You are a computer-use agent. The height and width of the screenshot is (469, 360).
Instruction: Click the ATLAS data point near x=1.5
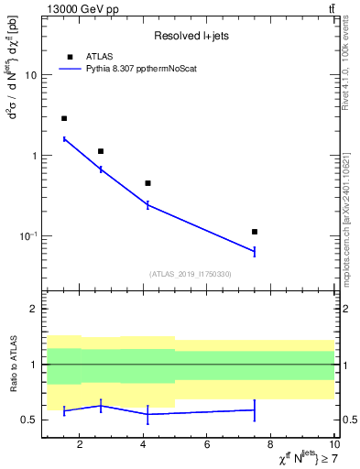click(64, 118)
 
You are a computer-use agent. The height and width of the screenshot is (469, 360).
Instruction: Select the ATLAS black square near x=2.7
click(101, 151)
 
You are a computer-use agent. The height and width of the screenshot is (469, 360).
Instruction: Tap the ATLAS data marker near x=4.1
click(147, 183)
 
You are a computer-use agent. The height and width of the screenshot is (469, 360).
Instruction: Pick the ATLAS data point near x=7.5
click(255, 232)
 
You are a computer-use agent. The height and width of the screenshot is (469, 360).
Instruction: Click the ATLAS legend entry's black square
click(70, 57)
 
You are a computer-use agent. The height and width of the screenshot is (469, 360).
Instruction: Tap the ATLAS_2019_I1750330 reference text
click(191, 274)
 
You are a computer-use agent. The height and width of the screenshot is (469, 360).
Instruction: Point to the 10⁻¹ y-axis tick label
click(28, 235)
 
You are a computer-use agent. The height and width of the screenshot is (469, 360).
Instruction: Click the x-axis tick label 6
click(207, 445)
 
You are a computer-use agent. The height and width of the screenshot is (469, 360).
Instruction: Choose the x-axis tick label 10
click(333, 445)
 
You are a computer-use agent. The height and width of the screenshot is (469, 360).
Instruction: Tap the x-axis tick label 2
click(81, 445)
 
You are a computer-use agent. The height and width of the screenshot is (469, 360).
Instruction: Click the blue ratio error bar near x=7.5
click(255, 409)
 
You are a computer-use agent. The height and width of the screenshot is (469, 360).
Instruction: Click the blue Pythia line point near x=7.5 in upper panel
click(255, 251)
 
